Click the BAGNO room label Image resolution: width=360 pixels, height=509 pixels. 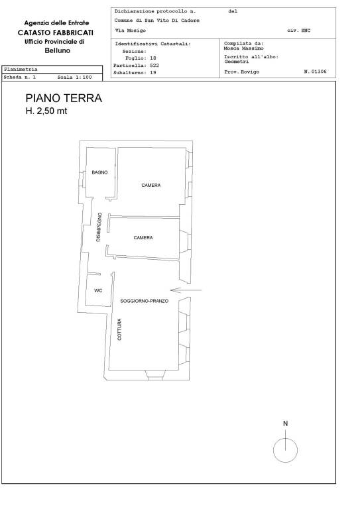pyautogui.click(x=99, y=172)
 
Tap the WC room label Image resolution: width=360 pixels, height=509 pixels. pyautogui.click(x=98, y=290)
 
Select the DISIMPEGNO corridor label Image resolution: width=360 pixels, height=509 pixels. pyautogui.click(x=99, y=227)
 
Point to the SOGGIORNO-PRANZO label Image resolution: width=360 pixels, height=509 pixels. pyautogui.click(x=144, y=301)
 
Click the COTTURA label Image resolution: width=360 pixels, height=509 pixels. pyautogui.click(x=119, y=329)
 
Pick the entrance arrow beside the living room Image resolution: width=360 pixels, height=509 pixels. pyautogui.click(x=186, y=290)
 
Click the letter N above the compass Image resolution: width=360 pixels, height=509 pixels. pyautogui.click(x=285, y=424)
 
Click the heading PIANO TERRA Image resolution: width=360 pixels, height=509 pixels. pyautogui.click(x=64, y=98)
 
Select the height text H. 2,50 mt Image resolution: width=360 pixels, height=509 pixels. pyautogui.click(x=46, y=111)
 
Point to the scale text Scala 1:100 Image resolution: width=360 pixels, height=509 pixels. pyautogui.click(x=74, y=78)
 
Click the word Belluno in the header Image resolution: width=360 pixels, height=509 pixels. pyautogui.click(x=58, y=50)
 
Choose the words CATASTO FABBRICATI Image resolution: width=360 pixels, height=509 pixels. pyautogui.click(x=56, y=32)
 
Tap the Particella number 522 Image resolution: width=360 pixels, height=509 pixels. pyautogui.click(x=154, y=65)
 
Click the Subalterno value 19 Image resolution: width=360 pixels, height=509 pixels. pyautogui.click(x=153, y=72)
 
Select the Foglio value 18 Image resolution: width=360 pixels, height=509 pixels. pyautogui.click(x=153, y=58)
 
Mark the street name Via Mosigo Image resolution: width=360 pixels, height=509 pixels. pyautogui.click(x=131, y=30)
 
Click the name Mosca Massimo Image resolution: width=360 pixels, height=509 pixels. pyautogui.click(x=243, y=48)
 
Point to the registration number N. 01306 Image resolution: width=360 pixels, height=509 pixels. pyautogui.click(x=315, y=72)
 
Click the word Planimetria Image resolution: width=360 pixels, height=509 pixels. pyautogui.click(x=21, y=69)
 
